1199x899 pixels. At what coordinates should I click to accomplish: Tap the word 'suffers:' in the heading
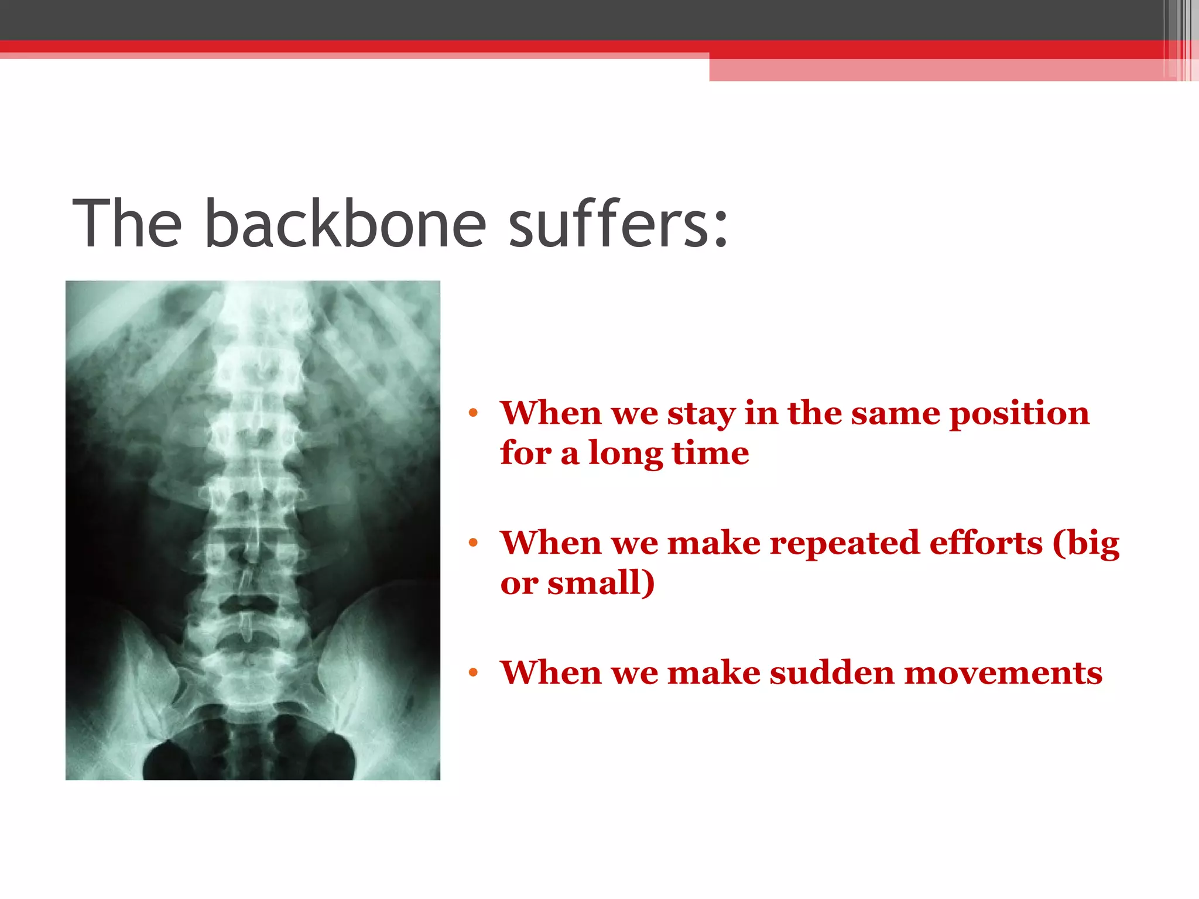(x=618, y=224)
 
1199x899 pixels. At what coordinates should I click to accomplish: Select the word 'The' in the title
(x=127, y=224)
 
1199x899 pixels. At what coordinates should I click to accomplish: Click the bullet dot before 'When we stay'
(x=473, y=413)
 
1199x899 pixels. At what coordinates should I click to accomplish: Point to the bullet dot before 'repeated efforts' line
(x=473, y=543)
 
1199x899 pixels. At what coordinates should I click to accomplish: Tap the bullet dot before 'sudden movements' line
(x=473, y=673)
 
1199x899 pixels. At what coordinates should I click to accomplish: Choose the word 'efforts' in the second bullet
(x=986, y=543)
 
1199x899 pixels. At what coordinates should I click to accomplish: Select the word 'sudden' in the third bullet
(x=831, y=673)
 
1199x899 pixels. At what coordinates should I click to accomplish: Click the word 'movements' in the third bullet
(x=1003, y=673)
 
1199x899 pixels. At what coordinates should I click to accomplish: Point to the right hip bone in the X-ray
(x=375, y=673)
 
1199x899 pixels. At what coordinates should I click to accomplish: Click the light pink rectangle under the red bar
(x=937, y=70)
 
